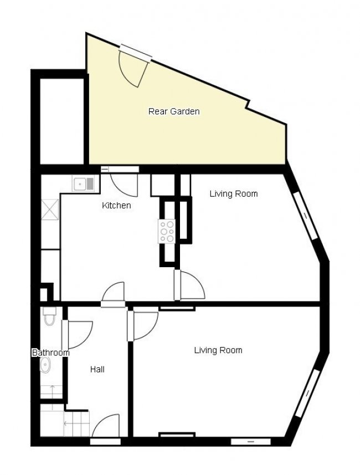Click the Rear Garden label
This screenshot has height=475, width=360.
173,111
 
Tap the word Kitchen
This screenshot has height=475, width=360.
116,206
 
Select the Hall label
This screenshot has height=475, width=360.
97,369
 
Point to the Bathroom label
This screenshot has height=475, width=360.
50,353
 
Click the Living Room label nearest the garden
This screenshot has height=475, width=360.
233,194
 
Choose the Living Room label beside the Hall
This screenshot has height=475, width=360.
218,350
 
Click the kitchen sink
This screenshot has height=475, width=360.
85,183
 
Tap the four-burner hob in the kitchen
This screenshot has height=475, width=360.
167,231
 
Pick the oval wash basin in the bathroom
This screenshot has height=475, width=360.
46,365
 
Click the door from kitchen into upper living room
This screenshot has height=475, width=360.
190,285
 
